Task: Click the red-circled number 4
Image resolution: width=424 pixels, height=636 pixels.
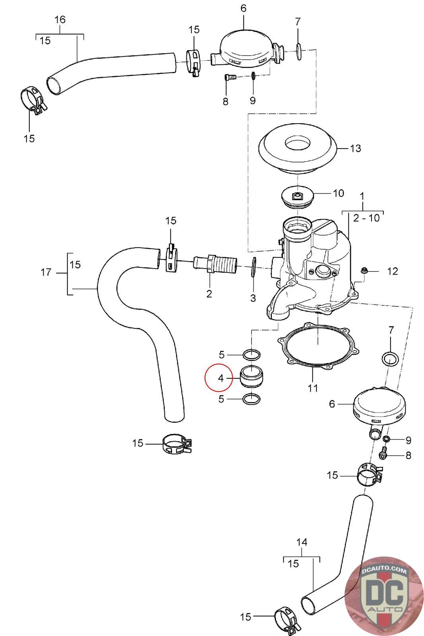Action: click(x=221, y=378)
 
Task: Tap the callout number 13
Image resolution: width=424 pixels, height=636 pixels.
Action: click(x=355, y=148)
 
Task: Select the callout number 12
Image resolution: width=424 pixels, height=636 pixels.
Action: click(x=392, y=271)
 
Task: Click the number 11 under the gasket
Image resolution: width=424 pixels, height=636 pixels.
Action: click(x=313, y=388)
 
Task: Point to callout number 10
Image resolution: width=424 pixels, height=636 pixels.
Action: click(x=338, y=193)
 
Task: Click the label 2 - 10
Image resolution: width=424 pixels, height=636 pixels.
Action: click(x=366, y=218)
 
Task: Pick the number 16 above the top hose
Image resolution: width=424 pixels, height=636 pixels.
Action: click(x=60, y=19)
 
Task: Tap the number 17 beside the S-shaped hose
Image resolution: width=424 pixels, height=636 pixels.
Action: click(x=46, y=272)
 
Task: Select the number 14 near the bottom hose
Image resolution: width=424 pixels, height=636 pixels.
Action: click(x=302, y=542)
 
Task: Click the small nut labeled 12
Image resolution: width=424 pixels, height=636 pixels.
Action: click(x=363, y=271)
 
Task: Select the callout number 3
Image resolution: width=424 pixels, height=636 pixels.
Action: click(x=253, y=298)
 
